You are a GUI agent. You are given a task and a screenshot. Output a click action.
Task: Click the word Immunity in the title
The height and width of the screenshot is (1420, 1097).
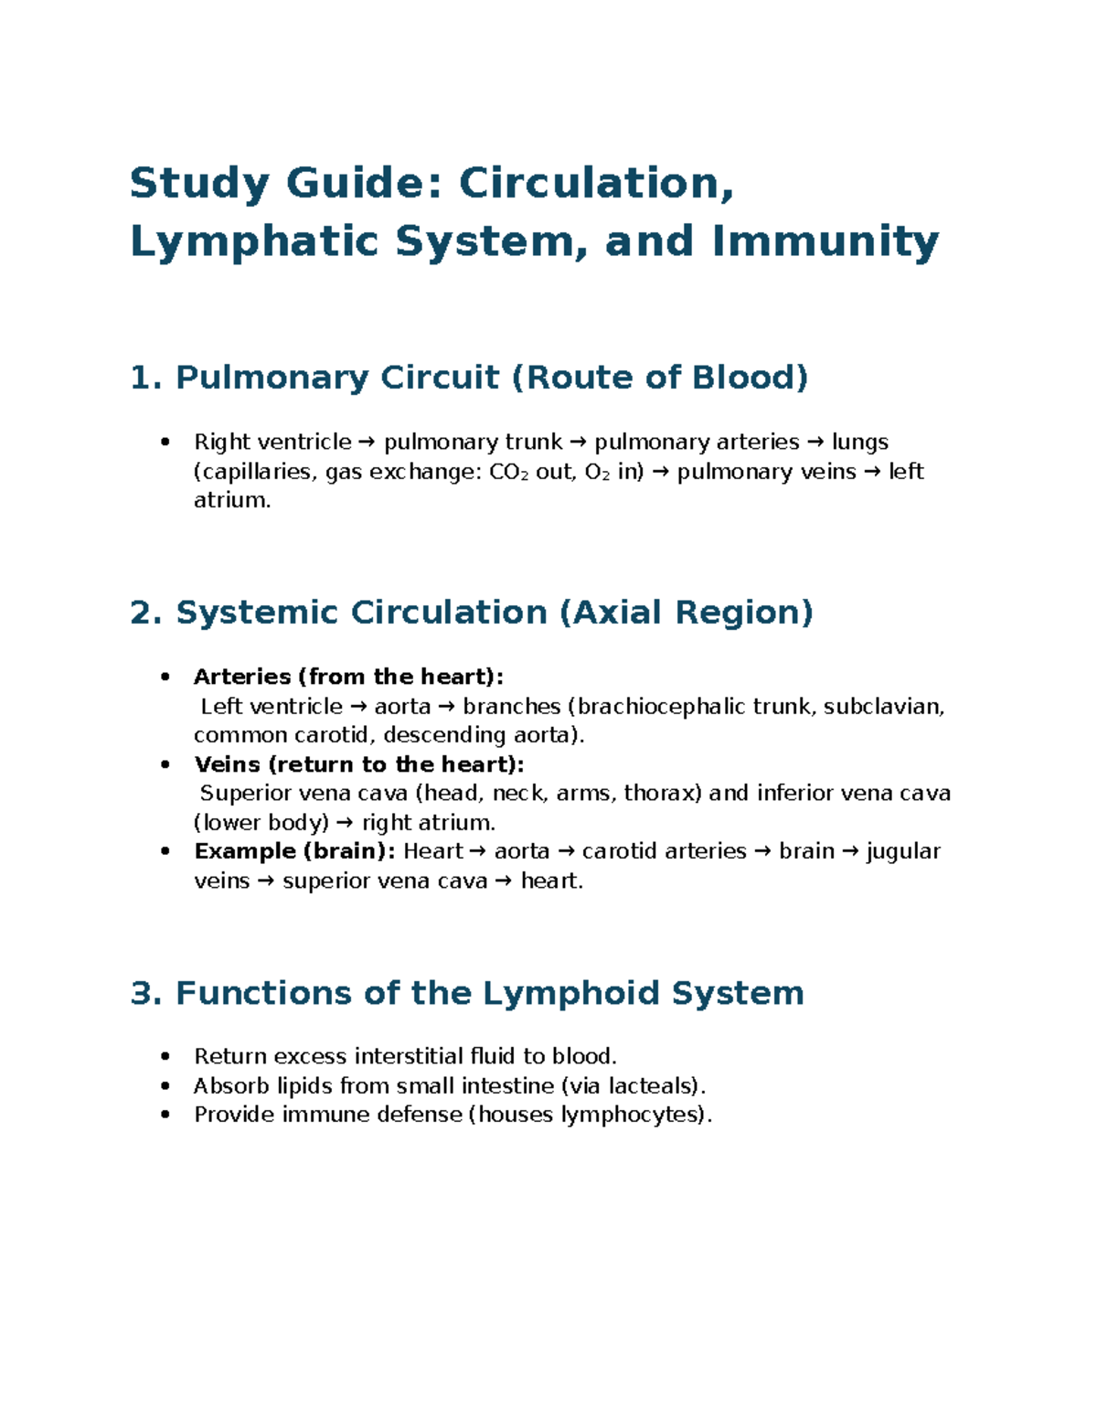[825, 241]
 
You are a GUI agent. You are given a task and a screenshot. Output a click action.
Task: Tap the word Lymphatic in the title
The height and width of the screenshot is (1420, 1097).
[254, 241]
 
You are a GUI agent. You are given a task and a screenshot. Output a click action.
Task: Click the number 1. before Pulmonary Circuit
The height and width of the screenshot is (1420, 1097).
[146, 377]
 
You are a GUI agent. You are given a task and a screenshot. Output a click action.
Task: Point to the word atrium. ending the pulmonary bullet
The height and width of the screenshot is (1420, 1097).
[232, 500]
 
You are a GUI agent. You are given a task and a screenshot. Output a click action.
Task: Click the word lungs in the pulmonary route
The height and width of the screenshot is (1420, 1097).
[860, 443]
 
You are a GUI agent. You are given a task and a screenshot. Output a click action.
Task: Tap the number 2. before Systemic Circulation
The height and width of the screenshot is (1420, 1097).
[146, 612]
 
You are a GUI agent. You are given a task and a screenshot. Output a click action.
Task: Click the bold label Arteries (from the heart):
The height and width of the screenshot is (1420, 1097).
[348, 677]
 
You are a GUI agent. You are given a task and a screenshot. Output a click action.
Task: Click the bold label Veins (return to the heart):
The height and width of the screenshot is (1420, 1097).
[359, 764]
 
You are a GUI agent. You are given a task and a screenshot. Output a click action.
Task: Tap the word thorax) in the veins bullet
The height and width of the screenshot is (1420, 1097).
[663, 793]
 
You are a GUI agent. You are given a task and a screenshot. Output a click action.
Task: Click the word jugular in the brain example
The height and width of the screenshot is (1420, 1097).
[903, 851]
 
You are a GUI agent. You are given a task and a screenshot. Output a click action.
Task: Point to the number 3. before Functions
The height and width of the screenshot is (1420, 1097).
[146, 993]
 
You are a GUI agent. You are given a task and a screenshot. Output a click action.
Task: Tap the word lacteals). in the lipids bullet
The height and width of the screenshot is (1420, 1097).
[657, 1086]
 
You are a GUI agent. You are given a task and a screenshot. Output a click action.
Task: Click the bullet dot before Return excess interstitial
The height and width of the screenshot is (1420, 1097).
[165, 1057]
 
